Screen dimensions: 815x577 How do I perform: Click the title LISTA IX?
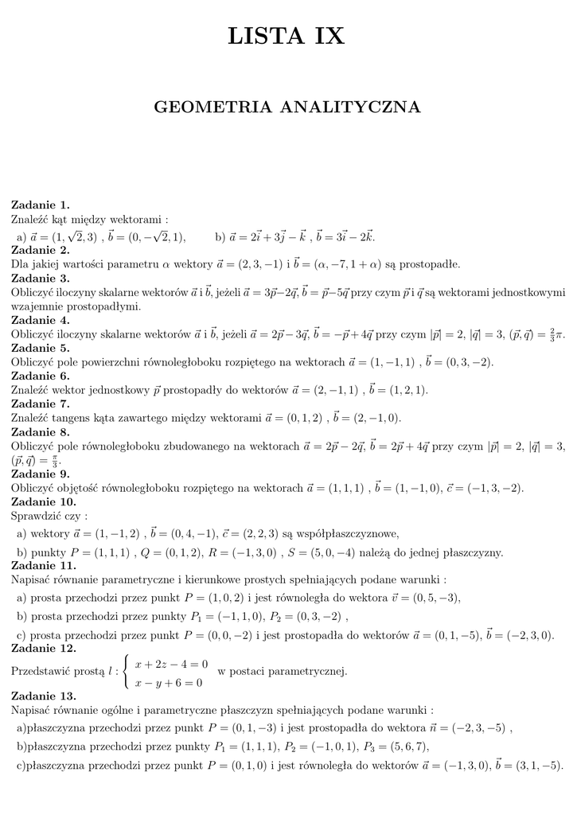pyautogui.click(x=287, y=37)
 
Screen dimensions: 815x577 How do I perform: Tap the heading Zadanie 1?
pyautogui.click(x=40, y=205)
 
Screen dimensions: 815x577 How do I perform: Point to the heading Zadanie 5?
pyautogui.click(x=40, y=348)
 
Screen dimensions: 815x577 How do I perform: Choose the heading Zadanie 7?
pyautogui.click(x=40, y=404)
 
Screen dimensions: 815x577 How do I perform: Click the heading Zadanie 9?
pyautogui.click(x=40, y=474)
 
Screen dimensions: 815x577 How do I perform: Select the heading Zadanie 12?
pyautogui.click(x=43, y=649)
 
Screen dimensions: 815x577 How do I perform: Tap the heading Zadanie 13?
pyautogui.click(x=43, y=695)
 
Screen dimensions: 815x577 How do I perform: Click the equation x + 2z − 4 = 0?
pyautogui.click(x=171, y=663)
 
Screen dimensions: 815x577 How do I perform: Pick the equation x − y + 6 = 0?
pyautogui.click(x=168, y=682)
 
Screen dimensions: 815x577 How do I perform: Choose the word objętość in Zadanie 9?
pyautogui.click(x=96, y=488)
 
